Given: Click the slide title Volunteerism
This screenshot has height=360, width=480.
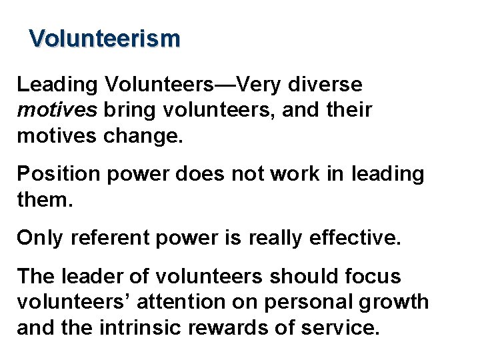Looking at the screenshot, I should [x=105, y=38].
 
